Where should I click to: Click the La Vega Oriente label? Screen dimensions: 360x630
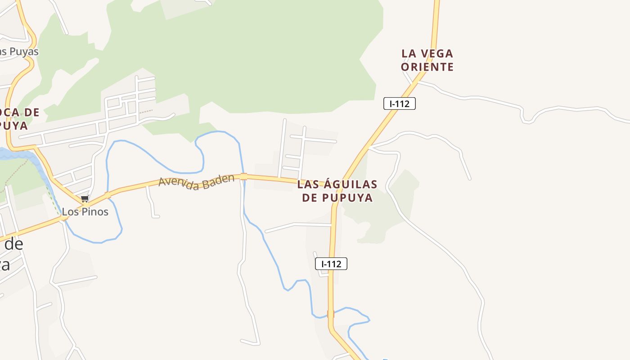click(x=427, y=60)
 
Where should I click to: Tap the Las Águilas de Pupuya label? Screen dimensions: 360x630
click(x=337, y=191)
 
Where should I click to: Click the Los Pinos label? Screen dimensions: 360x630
click(x=85, y=211)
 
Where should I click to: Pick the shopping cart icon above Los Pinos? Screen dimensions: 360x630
click(x=85, y=198)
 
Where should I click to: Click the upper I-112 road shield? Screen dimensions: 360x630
click(x=399, y=103)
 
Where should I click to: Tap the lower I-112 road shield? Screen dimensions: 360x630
click(x=331, y=264)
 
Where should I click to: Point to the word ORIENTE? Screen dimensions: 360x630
click(x=427, y=67)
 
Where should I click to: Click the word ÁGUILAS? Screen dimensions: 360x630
click(x=350, y=184)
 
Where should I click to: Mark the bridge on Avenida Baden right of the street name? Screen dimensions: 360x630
click(x=243, y=176)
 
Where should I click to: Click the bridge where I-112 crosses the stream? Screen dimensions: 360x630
click(x=331, y=314)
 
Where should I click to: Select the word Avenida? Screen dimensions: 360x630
click(x=177, y=184)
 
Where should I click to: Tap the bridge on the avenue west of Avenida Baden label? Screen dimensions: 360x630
click(x=108, y=195)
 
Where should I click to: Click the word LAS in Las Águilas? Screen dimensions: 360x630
click(x=308, y=184)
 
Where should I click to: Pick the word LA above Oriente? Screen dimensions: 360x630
click(x=409, y=54)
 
